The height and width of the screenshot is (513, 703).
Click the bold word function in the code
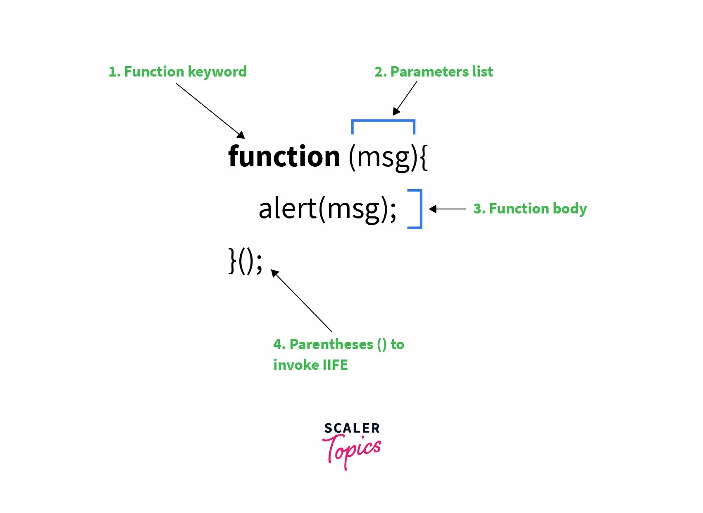point(284,156)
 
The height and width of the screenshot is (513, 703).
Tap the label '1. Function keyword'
point(177,72)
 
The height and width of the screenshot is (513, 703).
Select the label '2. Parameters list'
point(434,72)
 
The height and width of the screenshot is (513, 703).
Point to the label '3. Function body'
point(530,209)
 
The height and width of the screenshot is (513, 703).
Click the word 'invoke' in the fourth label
point(296,365)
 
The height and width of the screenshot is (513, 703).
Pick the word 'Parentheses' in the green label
point(331,344)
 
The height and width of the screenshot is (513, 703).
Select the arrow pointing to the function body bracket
point(448,209)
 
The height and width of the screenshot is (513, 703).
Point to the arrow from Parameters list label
point(405,98)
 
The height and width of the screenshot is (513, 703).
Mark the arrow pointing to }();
point(301,300)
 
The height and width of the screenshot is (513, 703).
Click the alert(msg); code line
point(327,209)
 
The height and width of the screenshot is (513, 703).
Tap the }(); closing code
point(245,261)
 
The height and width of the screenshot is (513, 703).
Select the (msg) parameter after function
point(383,157)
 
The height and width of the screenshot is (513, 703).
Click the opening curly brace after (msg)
point(424,157)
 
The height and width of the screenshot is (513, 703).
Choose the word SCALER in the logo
point(352,428)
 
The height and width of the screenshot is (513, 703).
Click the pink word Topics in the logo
point(352,451)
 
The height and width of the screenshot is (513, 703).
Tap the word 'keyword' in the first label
point(217,72)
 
